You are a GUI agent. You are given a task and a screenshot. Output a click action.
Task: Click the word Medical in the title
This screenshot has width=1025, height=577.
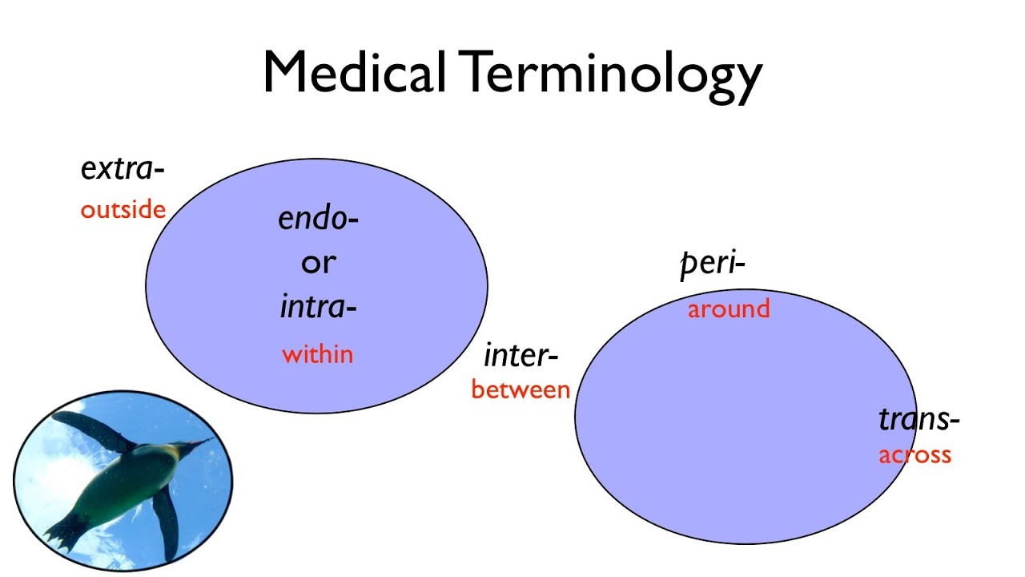(x=354, y=72)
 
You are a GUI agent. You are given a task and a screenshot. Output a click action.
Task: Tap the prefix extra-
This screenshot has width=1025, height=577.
(x=122, y=169)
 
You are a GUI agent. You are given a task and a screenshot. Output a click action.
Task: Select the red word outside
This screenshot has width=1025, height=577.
(x=123, y=210)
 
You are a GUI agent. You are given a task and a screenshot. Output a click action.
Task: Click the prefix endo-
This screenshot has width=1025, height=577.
(x=318, y=218)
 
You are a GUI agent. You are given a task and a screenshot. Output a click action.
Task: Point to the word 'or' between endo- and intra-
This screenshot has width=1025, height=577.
(x=318, y=262)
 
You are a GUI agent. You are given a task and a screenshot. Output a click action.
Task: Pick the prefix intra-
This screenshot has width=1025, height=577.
(x=318, y=306)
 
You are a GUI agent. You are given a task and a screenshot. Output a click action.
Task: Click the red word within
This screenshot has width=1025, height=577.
(x=317, y=354)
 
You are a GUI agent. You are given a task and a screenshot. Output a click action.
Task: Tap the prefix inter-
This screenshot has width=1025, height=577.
(x=521, y=355)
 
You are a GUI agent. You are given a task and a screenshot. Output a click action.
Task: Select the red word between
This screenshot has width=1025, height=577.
(x=521, y=390)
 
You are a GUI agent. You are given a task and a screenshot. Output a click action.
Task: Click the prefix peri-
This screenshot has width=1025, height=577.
(x=712, y=264)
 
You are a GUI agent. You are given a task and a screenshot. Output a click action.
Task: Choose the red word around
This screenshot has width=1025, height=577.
(x=728, y=309)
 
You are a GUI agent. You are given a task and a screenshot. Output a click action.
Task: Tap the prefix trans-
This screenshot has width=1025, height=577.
(x=918, y=419)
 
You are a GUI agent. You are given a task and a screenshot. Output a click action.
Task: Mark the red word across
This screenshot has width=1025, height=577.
(x=914, y=455)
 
